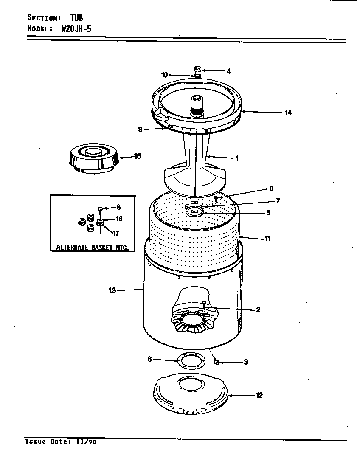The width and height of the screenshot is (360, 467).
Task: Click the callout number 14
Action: point(288,113)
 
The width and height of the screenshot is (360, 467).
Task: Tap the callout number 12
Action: point(259,395)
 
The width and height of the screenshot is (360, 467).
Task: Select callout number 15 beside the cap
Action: point(138,156)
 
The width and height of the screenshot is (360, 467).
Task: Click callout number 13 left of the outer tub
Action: point(112,290)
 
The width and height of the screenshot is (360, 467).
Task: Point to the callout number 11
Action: point(268,239)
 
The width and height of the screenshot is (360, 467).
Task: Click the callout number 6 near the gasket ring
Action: point(149,359)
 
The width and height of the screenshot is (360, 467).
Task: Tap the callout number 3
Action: point(246,362)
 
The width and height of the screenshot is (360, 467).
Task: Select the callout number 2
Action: point(258,310)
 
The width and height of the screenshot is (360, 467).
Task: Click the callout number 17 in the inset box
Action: point(116,233)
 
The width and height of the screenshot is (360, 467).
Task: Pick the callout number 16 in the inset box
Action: point(119,219)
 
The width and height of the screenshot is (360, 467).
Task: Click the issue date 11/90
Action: point(87,442)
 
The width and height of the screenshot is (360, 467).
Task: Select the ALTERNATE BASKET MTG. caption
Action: point(93,247)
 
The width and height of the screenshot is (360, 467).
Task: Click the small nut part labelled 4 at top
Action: point(197,69)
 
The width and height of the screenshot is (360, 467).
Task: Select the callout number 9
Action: point(140,130)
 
